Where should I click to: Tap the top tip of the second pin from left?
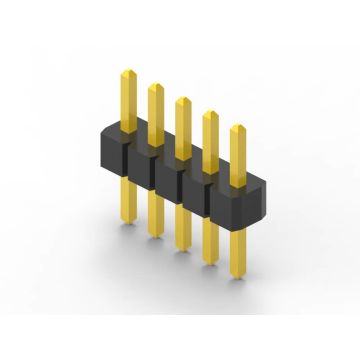click(156, 85)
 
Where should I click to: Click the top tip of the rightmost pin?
click(238, 128)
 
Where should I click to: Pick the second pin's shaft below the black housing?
click(156, 215)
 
